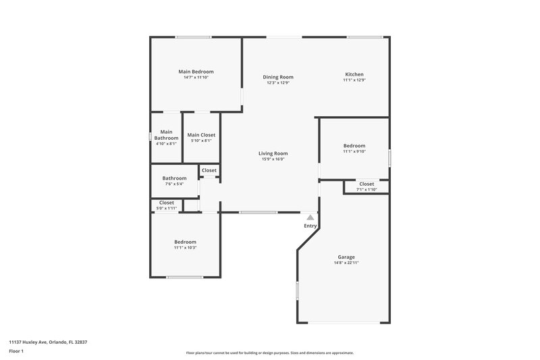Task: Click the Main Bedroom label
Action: coord(196,72)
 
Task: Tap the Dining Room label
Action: coord(278,77)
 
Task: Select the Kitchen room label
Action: coord(354,74)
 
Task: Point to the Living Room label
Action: coord(273,153)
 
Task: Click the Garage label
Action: coord(346,257)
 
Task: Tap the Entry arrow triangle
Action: coord(310,217)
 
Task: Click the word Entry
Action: coord(310,226)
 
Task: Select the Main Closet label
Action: coord(201,135)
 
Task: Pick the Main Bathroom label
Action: coord(166,135)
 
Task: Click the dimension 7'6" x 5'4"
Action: coord(174,184)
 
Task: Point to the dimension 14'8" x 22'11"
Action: coord(346,263)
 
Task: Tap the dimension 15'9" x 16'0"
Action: coord(273,159)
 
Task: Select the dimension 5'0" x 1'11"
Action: coord(167,208)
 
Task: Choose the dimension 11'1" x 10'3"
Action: coord(185,247)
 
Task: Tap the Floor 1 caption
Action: coord(16,352)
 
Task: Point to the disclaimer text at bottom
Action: coord(269,353)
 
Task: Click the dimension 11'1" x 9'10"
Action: coord(354,151)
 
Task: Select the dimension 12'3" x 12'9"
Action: coord(278,82)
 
